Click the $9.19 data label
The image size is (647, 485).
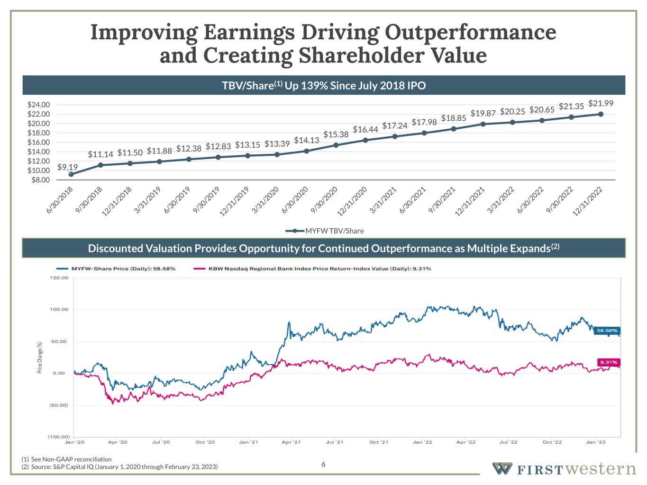coord(67,167)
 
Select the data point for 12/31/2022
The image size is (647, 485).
coord(601,114)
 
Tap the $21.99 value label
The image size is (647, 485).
coord(601,103)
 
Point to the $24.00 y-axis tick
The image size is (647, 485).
coord(38,105)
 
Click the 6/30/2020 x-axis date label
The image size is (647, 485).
coord(295,200)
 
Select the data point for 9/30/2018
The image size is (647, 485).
coord(100,165)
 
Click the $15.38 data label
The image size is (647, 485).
coord(336,135)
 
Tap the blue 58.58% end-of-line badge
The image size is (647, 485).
coord(607,331)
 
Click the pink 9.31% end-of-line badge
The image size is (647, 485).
coord(609,362)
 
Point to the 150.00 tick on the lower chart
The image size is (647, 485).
coord(59,278)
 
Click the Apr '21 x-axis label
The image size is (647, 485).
coord(291,442)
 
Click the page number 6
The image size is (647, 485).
coord(323,464)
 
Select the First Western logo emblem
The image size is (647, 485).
coord(502,468)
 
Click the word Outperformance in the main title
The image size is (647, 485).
coord(470,32)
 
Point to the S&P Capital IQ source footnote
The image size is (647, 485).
coord(120,467)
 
